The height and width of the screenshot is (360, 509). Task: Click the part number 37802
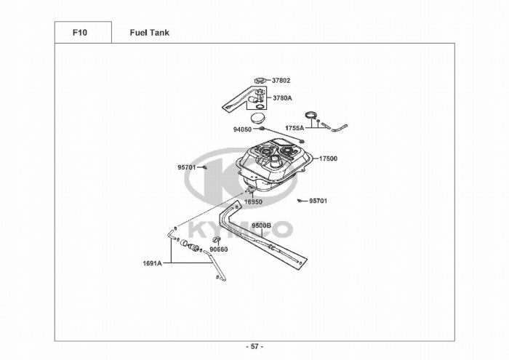click(x=281, y=80)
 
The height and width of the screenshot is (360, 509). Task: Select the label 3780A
click(x=283, y=97)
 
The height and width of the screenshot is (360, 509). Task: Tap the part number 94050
click(x=242, y=129)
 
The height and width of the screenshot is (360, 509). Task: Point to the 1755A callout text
click(x=294, y=128)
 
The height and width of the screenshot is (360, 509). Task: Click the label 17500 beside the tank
click(x=328, y=158)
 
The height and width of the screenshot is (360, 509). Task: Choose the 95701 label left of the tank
click(x=187, y=167)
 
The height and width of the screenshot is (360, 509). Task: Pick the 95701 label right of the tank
click(x=318, y=201)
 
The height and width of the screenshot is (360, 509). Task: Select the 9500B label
click(x=262, y=226)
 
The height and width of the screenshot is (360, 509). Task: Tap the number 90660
click(x=219, y=249)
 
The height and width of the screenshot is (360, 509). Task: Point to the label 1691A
click(x=152, y=263)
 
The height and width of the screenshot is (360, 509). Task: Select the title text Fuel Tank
click(x=150, y=33)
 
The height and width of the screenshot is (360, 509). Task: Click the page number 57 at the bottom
click(x=254, y=346)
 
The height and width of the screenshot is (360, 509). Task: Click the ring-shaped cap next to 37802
click(x=261, y=80)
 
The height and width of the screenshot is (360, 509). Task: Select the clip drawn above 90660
click(x=216, y=240)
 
